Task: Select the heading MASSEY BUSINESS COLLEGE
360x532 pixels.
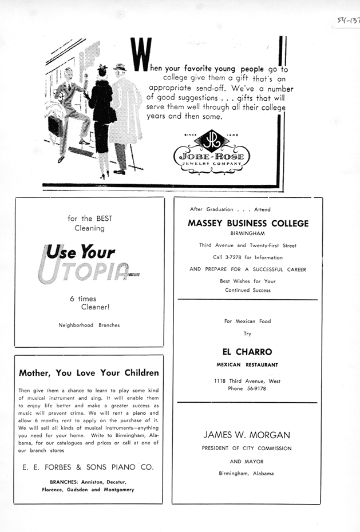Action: (248, 224)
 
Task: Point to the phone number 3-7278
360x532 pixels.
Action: (232, 257)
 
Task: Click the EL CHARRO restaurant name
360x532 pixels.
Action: (247, 352)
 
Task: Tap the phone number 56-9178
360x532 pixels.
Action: (254, 389)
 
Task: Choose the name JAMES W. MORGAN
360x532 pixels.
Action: (247, 435)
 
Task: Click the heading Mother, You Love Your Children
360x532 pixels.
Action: (89, 373)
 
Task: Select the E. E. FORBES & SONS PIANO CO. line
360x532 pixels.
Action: (88, 467)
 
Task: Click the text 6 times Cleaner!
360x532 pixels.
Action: (85, 303)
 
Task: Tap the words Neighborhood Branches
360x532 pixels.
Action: (89, 325)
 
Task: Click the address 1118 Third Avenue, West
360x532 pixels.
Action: (247, 381)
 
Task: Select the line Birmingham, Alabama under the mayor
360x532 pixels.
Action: (246, 473)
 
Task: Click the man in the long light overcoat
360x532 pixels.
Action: (124, 112)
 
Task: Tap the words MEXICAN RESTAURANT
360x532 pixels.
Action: (247, 365)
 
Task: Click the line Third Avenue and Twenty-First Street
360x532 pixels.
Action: (248, 245)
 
